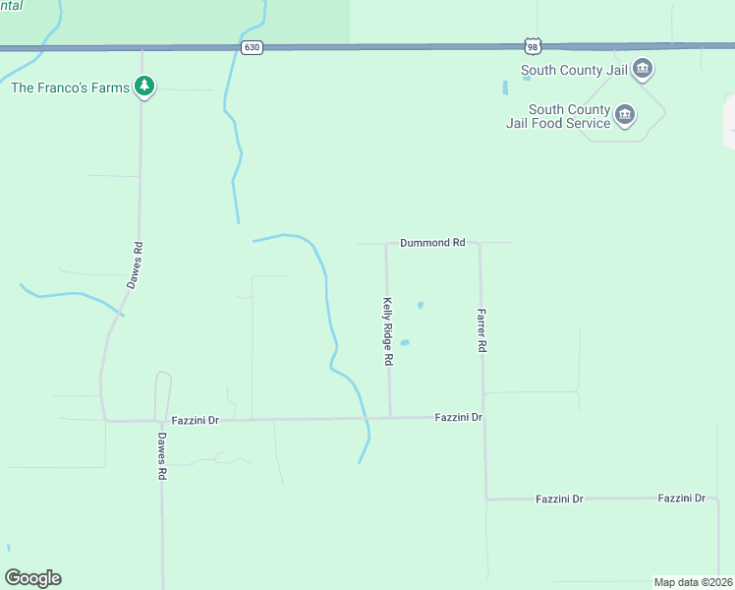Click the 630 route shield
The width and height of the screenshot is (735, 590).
[x=253, y=47]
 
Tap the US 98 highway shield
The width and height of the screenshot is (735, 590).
[x=533, y=46]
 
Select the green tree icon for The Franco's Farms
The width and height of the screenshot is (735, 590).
[x=144, y=87]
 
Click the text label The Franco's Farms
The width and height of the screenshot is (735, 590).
[x=70, y=88]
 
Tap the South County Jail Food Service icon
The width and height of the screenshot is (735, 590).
[x=624, y=116]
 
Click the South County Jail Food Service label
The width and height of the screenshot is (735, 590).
[x=570, y=116]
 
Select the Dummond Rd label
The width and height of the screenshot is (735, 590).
[x=431, y=242]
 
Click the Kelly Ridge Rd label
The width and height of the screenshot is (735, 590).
[x=388, y=332]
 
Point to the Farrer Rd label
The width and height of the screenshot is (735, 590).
[x=482, y=330]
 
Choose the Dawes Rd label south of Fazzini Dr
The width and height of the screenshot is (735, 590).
[x=162, y=458]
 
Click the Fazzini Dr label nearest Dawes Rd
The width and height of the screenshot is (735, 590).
[x=199, y=420]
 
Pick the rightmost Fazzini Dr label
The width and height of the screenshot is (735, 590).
[x=682, y=499]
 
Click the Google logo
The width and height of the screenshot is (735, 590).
[x=32, y=578]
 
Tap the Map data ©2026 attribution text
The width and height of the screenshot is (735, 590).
[x=693, y=582]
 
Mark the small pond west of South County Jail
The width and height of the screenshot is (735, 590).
[x=505, y=88]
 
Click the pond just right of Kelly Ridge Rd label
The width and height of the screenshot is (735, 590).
[x=404, y=343]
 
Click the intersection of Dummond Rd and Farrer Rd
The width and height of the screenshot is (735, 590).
[x=480, y=243]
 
